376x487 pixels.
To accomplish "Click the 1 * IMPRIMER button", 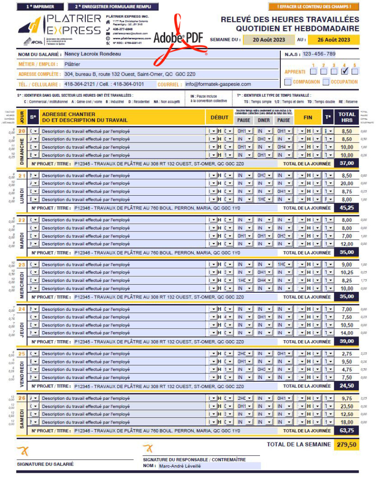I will point(40,7).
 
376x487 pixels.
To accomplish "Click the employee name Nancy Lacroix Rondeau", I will point(92,54).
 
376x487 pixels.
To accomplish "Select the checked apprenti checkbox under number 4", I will point(345,72).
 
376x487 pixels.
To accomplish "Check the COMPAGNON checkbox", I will point(288,82).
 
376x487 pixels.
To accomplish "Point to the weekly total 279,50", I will point(347,445).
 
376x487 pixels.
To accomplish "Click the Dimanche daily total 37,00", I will point(347,163).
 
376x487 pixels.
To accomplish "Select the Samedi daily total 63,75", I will point(347,431).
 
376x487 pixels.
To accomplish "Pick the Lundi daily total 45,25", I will point(347,207).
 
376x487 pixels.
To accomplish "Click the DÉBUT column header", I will point(219,117).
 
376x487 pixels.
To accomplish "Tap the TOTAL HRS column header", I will point(347,117).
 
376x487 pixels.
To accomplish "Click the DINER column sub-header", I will point(264,120).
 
